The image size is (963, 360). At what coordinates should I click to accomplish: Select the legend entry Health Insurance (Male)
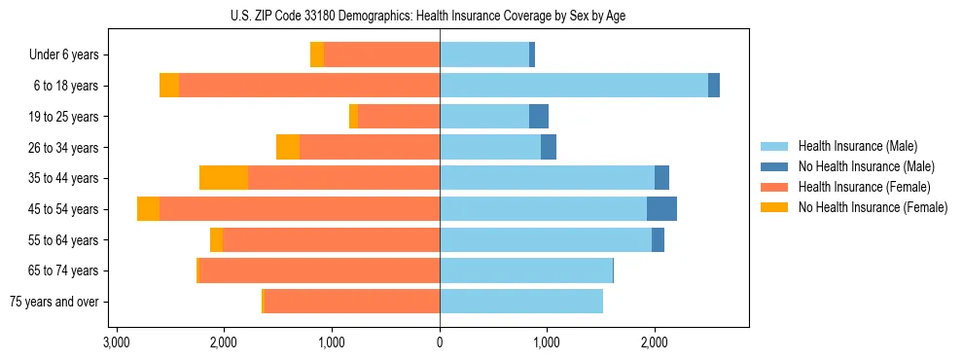click(x=857, y=146)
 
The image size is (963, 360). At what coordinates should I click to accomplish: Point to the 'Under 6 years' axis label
click(x=64, y=54)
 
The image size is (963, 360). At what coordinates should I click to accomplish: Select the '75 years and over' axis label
click(x=54, y=302)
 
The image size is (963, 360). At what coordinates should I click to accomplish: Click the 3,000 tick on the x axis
click(x=116, y=342)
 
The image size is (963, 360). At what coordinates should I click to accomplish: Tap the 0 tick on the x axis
click(x=440, y=342)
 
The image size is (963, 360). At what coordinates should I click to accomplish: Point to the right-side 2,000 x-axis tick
click(x=655, y=342)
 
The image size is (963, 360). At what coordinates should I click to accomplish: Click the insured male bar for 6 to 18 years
click(x=574, y=86)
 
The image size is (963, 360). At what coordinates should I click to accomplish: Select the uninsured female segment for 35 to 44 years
click(x=224, y=178)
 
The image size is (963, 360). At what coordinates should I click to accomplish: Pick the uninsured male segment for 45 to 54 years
click(x=661, y=209)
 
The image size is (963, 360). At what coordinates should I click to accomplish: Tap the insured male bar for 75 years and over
click(x=521, y=302)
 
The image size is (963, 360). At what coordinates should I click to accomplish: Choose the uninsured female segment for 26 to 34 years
click(x=288, y=147)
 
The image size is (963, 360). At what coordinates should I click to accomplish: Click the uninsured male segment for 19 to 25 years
click(x=539, y=117)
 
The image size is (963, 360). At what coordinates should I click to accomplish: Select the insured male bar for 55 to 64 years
click(x=546, y=239)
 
